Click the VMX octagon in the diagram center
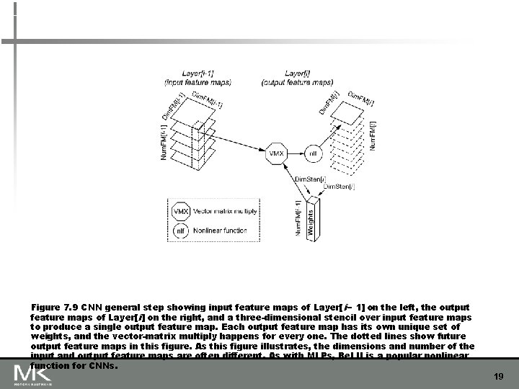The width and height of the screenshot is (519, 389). coord(275,153)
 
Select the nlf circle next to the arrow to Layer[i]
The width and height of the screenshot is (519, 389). coord(313,153)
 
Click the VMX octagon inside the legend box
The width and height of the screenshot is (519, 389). coord(181,213)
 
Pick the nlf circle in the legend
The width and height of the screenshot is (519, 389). coord(181,231)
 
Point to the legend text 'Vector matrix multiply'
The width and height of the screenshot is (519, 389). coord(223,213)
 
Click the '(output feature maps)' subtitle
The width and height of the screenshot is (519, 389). coord(298,81)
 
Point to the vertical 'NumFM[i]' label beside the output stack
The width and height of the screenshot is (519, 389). coord(372,134)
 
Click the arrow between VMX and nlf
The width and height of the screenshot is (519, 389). coord(294,153)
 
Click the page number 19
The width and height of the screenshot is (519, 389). coord(498,376)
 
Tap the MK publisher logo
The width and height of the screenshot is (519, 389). coord(32,374)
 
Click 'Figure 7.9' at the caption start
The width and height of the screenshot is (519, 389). coord(53,308)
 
